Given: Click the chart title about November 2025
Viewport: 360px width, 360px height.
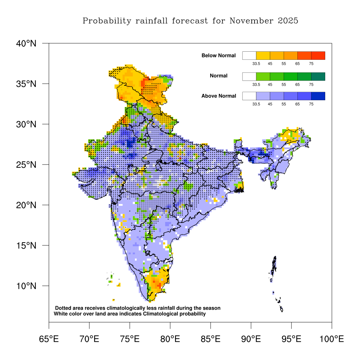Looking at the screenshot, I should (x=190, y=21).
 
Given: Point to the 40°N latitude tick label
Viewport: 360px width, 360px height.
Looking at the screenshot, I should (x=26, y=44).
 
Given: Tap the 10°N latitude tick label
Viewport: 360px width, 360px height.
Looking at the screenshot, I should (x=26, y=286).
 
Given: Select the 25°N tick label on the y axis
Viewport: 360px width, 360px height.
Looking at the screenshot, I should (x=26, y=165).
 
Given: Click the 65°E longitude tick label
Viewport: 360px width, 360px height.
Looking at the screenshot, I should (x=49, y=339).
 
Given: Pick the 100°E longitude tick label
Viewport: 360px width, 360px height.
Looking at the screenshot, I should (x=332, y=339).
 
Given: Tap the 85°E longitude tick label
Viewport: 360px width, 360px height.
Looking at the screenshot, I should (x=211, y=339).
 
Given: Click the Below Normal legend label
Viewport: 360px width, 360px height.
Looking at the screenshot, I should (x=219, y=56).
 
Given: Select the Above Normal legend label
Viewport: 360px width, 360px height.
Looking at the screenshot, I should (x=219, y=96).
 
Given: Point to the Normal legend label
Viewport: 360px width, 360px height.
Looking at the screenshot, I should (x=219, y=76).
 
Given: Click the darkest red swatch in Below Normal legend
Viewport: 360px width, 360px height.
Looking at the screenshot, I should (x=318, y=56).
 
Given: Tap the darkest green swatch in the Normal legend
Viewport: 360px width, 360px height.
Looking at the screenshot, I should (x=318, y=76).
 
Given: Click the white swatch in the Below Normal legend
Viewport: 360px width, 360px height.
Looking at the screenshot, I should (x=249, y=56).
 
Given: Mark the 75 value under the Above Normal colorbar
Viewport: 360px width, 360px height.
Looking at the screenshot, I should (x=311, y=104).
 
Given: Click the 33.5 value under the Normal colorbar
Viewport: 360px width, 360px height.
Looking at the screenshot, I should (x=256, y=84).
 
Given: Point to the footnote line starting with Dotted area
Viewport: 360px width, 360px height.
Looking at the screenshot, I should (x=138, y=308).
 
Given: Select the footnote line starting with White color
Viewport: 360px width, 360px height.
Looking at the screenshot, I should (x=129, y=314).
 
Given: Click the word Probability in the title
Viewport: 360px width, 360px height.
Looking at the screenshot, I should (x=107, y=21).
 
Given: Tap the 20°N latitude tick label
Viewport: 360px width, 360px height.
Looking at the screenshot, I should (x=26, y=205).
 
